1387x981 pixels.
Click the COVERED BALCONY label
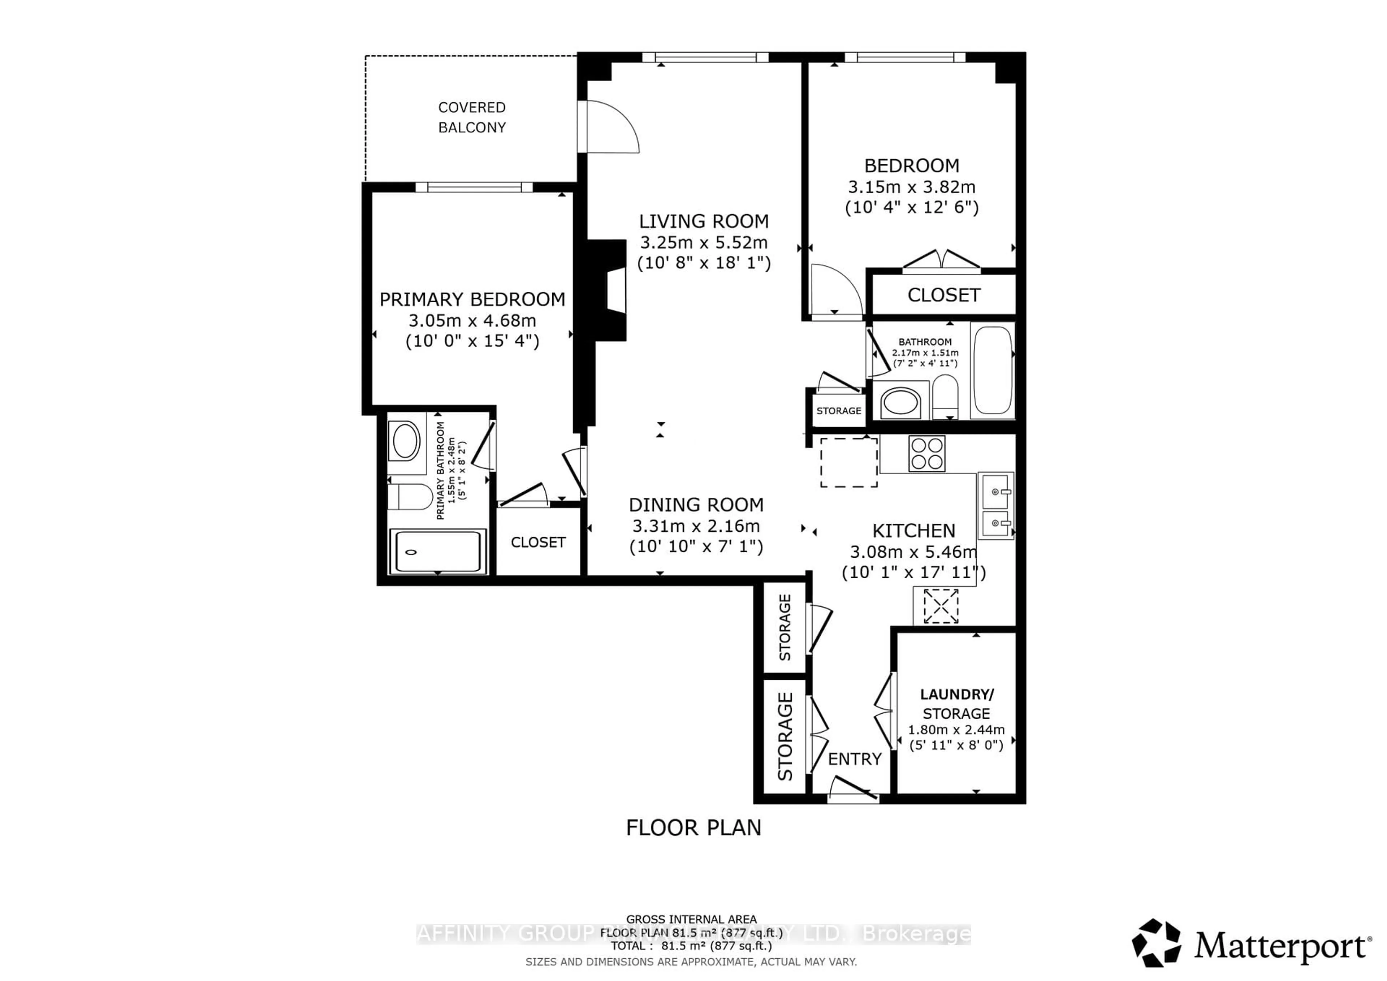click(472, 117)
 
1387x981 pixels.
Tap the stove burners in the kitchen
click(927, 454)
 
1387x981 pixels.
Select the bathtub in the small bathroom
click(993, 370)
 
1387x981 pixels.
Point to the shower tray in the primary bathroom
click(437, 552)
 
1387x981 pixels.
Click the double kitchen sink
click(995, 506)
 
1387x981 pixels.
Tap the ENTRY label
click(854, 759)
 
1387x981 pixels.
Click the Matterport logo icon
click(1156, 943)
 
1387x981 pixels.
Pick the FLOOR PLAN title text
click(693, 827)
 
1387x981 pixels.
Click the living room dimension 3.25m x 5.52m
click(704, 243)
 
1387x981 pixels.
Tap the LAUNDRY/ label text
click(956, 695)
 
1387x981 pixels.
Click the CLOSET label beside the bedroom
click(943, 295)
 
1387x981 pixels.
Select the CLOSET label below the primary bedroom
click(538, 543)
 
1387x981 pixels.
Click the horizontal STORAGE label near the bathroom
click(838, 411)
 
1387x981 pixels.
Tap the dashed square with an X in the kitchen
click(941, 606)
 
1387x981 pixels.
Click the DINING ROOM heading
click(696, 505)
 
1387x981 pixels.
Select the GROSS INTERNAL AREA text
click(691, 919)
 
